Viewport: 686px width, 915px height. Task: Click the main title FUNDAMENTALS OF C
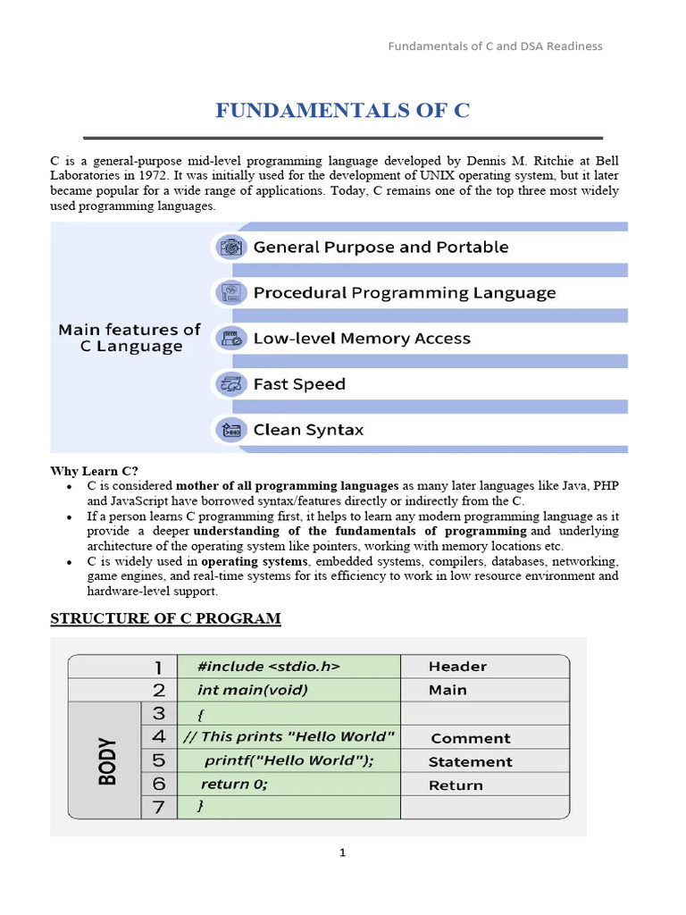[x=342, y=111]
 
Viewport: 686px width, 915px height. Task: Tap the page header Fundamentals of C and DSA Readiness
[x=495, y=46]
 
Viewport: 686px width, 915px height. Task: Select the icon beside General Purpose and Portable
[x=230, y=248]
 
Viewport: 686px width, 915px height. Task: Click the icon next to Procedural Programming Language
[x=230, y=293]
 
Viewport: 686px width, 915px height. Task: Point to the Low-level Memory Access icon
[x=230, y=339]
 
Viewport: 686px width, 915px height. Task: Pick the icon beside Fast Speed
[x=230, y=384]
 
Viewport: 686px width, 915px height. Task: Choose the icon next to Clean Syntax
[x=230, y=430]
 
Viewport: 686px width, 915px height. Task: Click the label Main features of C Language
[x=130, y=338]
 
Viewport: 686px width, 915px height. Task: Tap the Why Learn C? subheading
[x=95, y=471]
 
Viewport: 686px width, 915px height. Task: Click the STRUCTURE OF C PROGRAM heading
[x=165, y=618]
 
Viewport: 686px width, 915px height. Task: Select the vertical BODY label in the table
[x=106, y=760]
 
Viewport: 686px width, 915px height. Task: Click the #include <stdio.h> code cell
[x=268, y=667]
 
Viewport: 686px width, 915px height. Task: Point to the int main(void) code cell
[x=253, y=690]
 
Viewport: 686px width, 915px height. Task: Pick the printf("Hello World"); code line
[x=289, y=761]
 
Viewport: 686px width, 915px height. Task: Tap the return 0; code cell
[x=234, y=785]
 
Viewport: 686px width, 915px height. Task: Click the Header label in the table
[x=457, y=667]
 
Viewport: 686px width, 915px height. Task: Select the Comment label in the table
[x=471, y=738]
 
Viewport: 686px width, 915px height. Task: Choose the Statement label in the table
[x=470, y=762]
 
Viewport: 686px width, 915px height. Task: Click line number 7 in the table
[x=159, y=808]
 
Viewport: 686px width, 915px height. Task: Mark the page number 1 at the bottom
[x=342, y=853]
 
